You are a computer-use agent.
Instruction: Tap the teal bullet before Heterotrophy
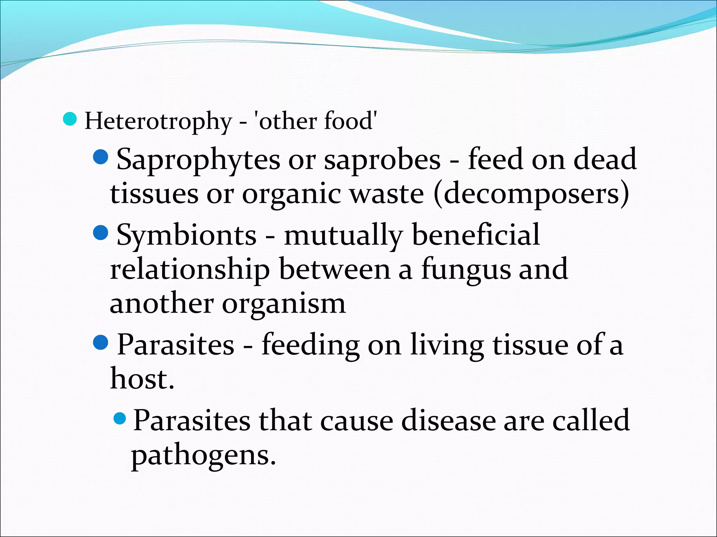point(70,119)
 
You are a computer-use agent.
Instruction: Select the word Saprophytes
point(198,160)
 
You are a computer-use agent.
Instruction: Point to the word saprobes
point(382,160)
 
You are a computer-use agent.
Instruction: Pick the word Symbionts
point(187,235)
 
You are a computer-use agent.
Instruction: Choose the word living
point(447,345)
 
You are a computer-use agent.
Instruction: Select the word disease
point(448,420)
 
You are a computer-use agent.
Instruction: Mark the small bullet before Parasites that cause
point(120,418)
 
